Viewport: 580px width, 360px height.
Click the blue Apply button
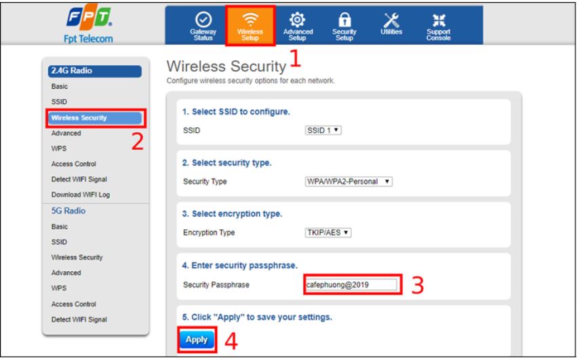click(x=197, y=339)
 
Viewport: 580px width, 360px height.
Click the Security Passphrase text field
click(x=351, y=285)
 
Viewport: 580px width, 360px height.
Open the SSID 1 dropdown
click(x=323, y=130)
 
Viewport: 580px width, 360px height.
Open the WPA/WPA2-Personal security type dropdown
click(x=348, y=182)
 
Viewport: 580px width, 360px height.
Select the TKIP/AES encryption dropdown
click(x=328, y=233)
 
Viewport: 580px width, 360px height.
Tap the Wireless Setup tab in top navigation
click(x=250, y=26)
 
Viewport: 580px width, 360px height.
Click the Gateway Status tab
click(x=203, y=26)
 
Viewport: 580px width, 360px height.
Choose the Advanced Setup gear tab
click(x=298, y=26)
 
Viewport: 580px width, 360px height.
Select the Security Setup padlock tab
click(x=345, y=26)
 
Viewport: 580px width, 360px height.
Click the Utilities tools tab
click(x=391, y=24)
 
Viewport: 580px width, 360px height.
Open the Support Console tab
click(x=438, y=26)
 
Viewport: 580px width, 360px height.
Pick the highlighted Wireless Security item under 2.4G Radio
click(x=95, y=118)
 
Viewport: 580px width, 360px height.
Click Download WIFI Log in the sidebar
click(x=81, y=195)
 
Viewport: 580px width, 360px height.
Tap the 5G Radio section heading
click(x=69, y=211)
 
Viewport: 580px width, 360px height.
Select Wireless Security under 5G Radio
click(x=77, y=257)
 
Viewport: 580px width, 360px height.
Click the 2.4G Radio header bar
click(x=95, y=71)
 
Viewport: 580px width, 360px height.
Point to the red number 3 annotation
click(x=418, y=285)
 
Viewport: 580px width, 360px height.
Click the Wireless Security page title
click(x=227, y=66)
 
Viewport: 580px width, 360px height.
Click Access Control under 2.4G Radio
click(x=74, y=164)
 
